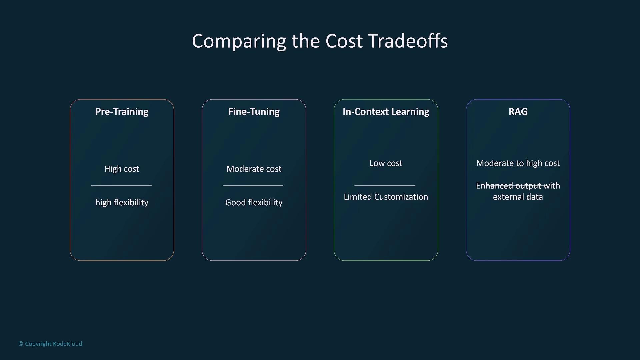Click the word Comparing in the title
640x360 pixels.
tap(239, 41)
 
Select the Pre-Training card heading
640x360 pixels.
tap(122, 112)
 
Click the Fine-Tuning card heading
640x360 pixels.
tap(254, 112)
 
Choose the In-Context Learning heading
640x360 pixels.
tap(386, 112)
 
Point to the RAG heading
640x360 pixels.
tap(518, 112)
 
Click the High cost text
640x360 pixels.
tap(122, 169)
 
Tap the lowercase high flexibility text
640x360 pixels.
tap(122, 203)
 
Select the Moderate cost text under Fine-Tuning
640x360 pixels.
tap(254, 169)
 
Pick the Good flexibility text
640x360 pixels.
tap(254, 203)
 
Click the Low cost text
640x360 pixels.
tap(386, 163)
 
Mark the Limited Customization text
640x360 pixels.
tap(386, 197)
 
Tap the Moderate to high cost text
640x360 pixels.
tap(518, 163)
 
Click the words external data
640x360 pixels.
tap(518, 197)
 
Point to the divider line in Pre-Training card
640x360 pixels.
tap(121, 186)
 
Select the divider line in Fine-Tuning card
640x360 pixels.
tap(253, 186)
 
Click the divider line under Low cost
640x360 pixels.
tap(385, 186)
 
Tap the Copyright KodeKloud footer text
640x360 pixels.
tap(50, 344)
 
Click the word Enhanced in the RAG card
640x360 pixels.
tap(494, 186)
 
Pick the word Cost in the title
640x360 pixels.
tap(344, 41)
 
